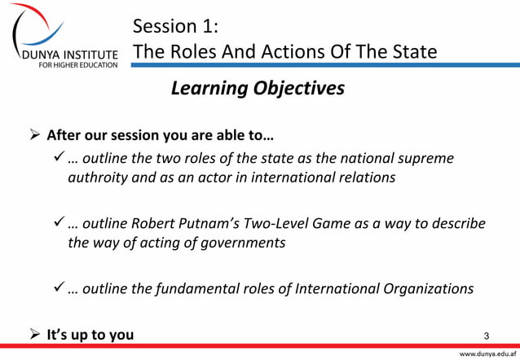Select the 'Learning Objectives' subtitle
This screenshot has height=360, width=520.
[257, 89]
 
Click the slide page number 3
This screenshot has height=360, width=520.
[487, 335]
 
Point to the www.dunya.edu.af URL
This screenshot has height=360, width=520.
[487, 354]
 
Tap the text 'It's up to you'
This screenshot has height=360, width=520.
[90, 333]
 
